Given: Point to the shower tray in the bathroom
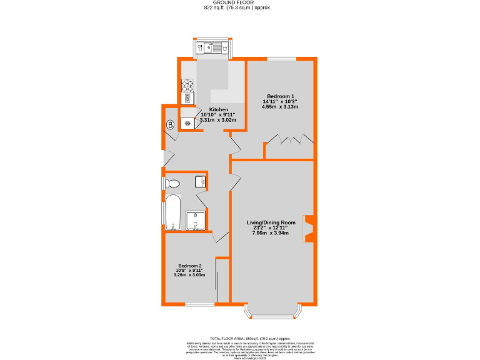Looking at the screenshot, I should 196,220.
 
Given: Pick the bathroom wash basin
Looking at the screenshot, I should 200,182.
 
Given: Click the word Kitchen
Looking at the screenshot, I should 210,110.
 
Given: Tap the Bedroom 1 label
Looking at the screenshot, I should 280,96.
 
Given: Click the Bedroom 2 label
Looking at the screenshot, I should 189,264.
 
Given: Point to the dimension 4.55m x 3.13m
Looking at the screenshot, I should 280,107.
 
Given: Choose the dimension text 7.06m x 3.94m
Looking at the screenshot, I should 270,233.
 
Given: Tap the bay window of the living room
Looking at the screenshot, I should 272,310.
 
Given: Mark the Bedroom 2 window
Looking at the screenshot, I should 199,304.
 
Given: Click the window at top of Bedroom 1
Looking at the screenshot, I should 281,59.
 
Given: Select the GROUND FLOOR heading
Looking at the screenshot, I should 239,3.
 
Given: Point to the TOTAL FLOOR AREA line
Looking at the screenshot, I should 239,337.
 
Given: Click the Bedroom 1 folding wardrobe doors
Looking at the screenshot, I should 288,140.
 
